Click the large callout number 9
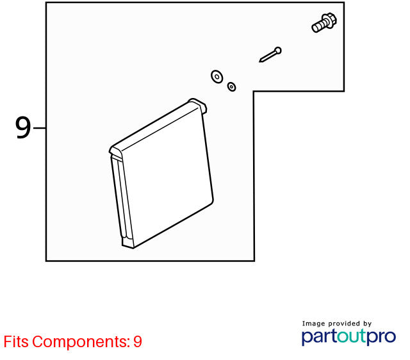pyautogui.click(x=23, y=127)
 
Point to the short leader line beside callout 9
pyautogui.click(x=40, y=128)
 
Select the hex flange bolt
pyautogui.click(x=324, y=23)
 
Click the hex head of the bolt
pyautogui.click(x=330, y=20)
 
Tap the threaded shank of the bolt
pyautogui.click(x=318, y=26)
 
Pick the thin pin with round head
pyautogui.click(x=270, y=54)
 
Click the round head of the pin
pyautogui.click(x=278, y=50)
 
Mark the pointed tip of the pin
pyautogui.click(x=259, y=62)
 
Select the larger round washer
pyautogui.click(x=217, y=77)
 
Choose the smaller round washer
pyautogui.click(x=232, y=86)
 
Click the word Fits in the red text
pyautogui.click(x=16, y=341)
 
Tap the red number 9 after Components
pyautogui.click(x=138, y=341)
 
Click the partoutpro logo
pyautogui.click(x=348, y=337)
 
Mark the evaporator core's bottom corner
pyautogui.click(x=133, y=248)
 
